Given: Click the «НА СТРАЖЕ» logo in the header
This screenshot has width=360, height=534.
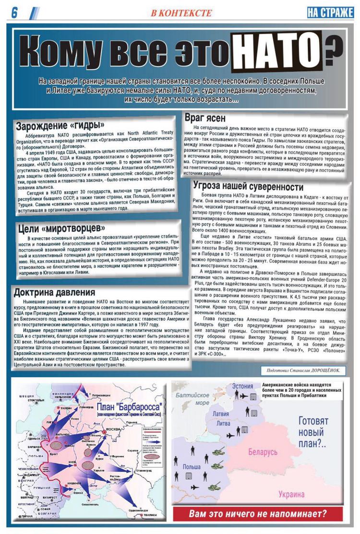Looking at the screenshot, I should [330, 12].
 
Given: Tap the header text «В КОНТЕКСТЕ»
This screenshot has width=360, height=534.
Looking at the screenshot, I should [181, 13].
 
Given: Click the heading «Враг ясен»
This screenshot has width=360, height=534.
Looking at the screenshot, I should [205, 118].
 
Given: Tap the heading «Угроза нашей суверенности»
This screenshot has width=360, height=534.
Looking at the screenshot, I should [248, 186].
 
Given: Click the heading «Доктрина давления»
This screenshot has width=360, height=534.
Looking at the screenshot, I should [54, 292].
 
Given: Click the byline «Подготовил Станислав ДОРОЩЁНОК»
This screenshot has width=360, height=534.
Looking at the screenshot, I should [303, 370].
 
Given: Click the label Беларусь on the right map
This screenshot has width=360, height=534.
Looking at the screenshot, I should [263, 452].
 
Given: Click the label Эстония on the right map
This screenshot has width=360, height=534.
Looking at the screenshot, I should [242, 386].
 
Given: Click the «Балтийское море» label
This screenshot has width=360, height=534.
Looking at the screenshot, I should [192, 398].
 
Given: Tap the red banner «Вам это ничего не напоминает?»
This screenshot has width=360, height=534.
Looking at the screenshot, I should [258, 513].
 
